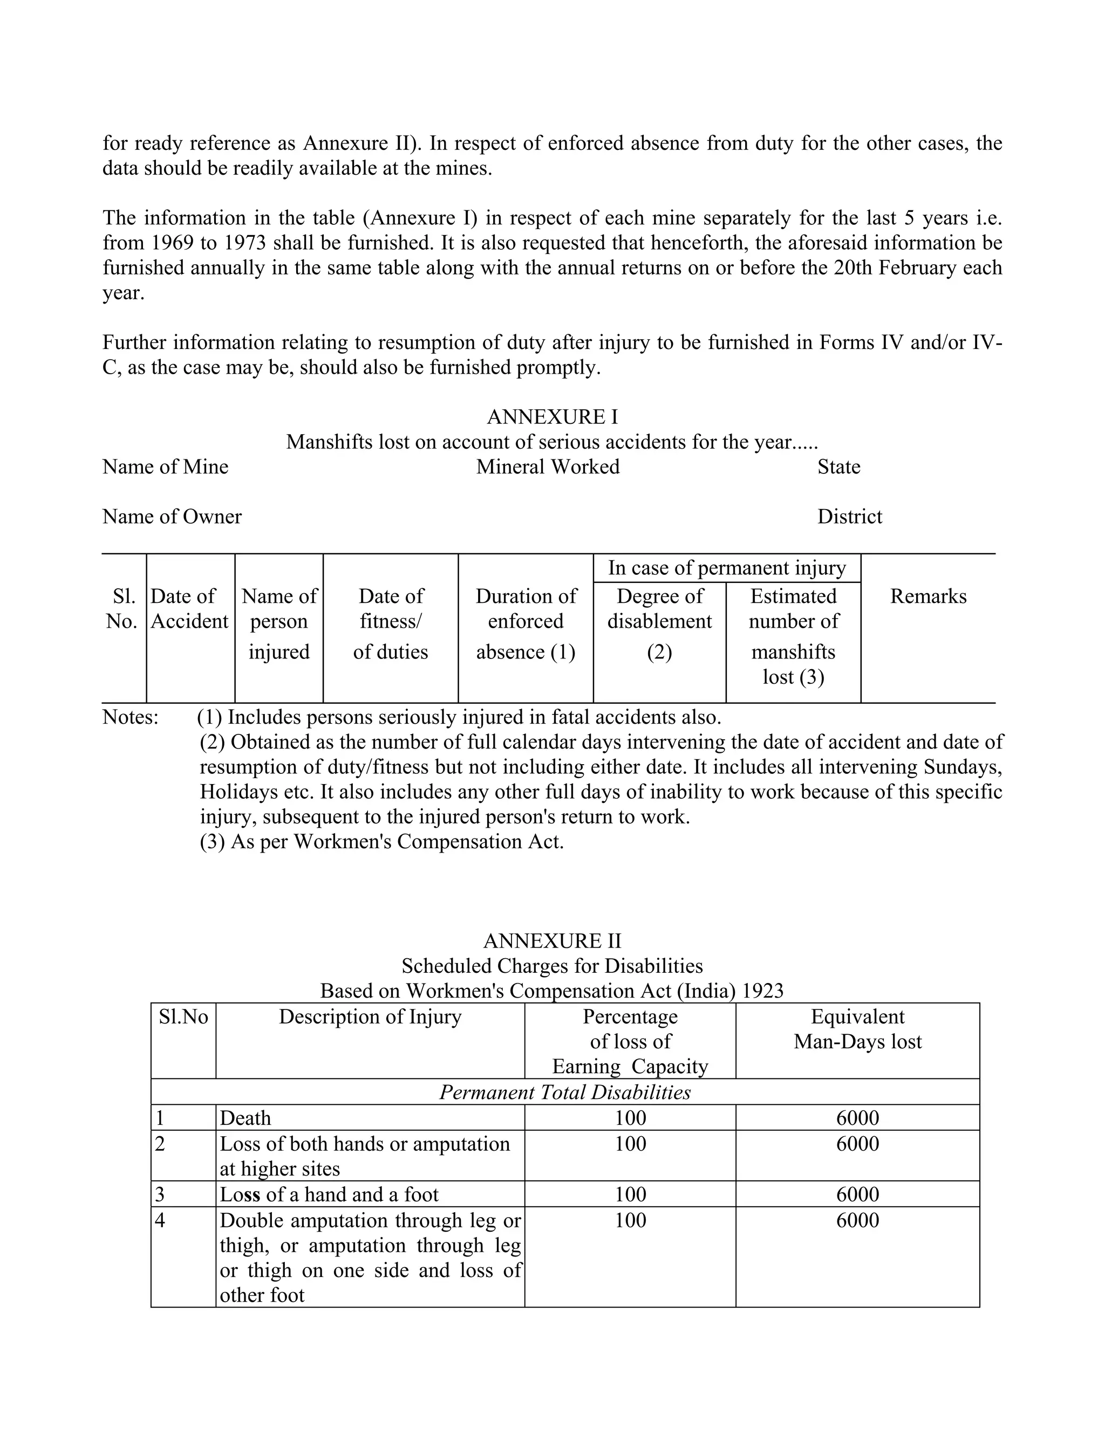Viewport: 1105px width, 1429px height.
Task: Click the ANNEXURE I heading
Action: pos(552,417)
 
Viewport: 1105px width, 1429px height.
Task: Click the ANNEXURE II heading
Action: pos(552,941)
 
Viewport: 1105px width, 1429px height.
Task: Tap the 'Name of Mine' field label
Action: pos(165,466)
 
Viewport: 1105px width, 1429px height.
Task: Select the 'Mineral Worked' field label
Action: pos(547,466)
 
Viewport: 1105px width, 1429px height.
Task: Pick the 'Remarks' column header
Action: pos(927,596)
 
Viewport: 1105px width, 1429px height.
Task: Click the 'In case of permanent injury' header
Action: pos(727,567)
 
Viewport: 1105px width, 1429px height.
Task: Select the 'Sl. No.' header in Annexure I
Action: pos(122,608)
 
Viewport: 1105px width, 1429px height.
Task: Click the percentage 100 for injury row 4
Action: pos(630,1220)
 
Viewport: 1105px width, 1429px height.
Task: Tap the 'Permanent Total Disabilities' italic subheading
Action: pos(564,1092)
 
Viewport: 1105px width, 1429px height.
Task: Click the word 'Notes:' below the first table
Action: pos(130,717)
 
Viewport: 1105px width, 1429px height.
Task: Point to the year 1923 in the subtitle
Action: pos(762,991)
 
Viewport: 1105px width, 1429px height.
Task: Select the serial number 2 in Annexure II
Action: pos(160,1144)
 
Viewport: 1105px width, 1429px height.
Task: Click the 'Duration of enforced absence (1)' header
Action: pos(525,623)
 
